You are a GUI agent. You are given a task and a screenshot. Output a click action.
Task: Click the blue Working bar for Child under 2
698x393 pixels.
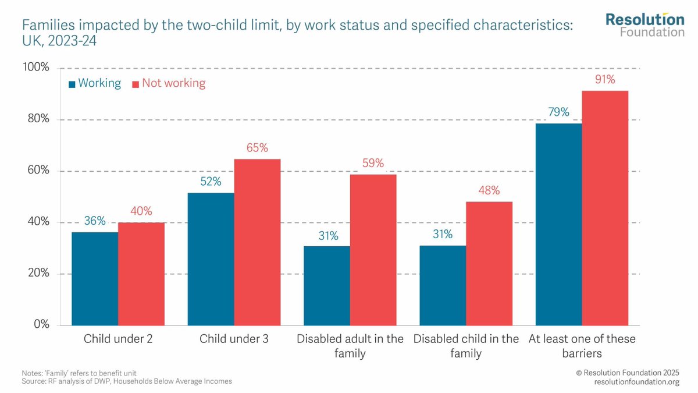(94, 278)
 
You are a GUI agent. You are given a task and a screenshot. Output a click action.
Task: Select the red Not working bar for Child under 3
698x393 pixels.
(257, 242)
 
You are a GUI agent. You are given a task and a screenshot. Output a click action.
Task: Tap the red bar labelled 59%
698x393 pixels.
(373, 249)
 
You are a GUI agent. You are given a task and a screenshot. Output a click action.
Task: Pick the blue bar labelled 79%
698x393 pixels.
(558, 224)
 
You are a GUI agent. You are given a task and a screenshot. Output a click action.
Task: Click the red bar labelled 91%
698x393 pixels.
(605, 208)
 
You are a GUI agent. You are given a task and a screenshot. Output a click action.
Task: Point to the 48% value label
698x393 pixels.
(489, 191)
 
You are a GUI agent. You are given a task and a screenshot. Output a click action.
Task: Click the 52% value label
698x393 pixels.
(211, 182)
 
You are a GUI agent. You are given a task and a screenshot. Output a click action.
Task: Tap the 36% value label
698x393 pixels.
(94, 221)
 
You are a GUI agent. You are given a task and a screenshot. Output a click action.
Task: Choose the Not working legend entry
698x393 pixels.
(169, 83)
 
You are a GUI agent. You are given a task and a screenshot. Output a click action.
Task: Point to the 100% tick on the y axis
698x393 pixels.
(36, 68)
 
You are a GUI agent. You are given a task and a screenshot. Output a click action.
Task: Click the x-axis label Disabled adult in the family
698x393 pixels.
(350, 346)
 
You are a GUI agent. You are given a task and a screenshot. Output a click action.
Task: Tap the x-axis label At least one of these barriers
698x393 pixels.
(582, 346)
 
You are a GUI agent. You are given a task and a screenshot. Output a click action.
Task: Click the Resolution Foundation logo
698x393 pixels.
(644, 25)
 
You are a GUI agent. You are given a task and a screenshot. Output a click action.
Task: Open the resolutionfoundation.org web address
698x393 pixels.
(636, 381)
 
